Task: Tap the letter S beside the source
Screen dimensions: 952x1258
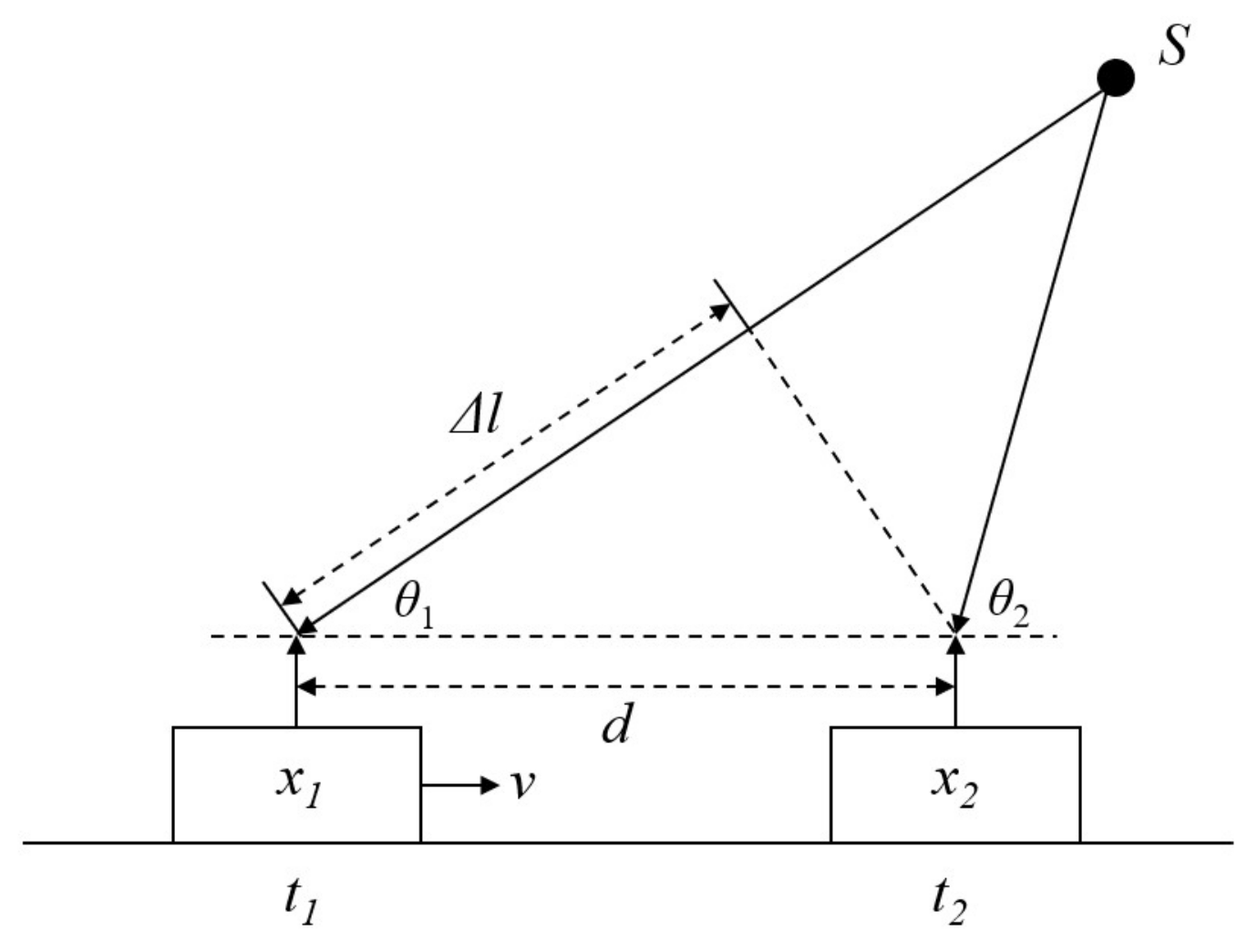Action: pyautogui.click(x=1174, y=46)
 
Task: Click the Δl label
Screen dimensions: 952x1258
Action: pyautogui.click(x=478, y=417)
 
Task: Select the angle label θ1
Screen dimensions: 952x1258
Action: pyautogui.click(x=413, y=604)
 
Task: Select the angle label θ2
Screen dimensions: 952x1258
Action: pyautogui.click(x=1009, y=604)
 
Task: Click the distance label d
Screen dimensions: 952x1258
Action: pyautogui.click(x=617, y=726)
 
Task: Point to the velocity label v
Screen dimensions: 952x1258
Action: pyautogui.click(x=521, y=784)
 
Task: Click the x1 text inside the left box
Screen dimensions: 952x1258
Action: pyautogui.click(x=298, y=782)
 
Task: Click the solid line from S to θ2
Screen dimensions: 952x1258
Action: pyautogui.click(x=1034, y=352)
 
